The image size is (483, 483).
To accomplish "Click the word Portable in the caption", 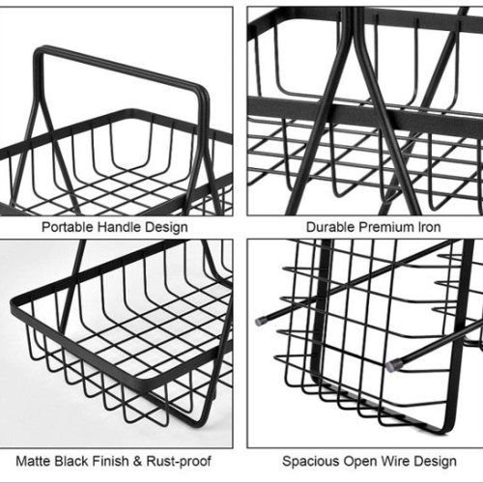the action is point(67,227).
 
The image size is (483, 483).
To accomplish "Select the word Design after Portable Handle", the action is point(166,227).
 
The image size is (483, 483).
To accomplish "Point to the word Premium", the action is point(386,227).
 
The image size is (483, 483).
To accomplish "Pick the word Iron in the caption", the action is point(429,227).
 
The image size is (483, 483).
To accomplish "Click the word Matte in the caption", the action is point(34,461).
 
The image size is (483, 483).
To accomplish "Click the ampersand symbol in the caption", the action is point(137,461).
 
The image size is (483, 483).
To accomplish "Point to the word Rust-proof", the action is point(179,462).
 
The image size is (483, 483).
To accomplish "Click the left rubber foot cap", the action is point(260,321).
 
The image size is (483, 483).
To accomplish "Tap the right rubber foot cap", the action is point(391,365).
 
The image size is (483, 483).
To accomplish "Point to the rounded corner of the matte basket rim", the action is point(14,301).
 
